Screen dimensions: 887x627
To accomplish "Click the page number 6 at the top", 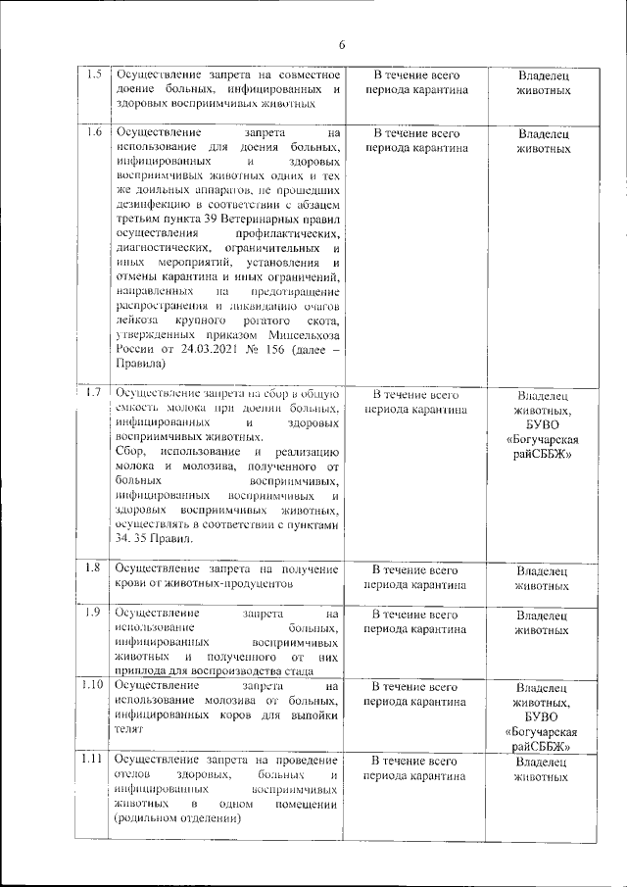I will (343, 44).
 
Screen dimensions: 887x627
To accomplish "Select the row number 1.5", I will (94, 74).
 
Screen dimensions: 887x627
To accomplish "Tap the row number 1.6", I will (94, 131).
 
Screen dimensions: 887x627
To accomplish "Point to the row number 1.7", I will (94, 393).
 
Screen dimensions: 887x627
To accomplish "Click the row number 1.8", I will (94, 567).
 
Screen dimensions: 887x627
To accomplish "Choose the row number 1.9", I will (94, 614).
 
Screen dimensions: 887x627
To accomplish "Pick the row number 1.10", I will (93, 685).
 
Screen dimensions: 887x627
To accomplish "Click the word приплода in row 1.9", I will (139, 671).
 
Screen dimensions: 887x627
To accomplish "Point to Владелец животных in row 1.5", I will (542, 82).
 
